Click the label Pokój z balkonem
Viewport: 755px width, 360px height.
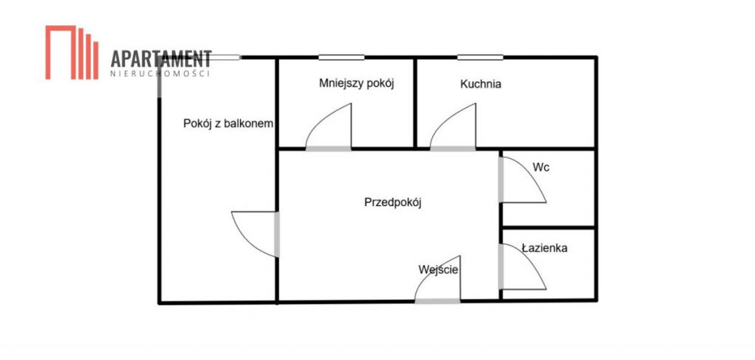point(228,124)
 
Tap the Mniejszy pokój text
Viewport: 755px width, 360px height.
point(357,83)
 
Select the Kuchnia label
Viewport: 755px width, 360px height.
point(481,84)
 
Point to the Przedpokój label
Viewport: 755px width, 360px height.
point(393,202)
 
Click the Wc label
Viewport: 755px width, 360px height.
point(541,167)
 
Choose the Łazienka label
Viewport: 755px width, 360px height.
point(544,248)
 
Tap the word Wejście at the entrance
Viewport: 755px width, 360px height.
point(438,270)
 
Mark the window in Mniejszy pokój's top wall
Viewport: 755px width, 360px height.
point(342,58)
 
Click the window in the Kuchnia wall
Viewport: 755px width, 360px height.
point(480,58)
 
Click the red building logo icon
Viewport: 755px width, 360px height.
point(72,53)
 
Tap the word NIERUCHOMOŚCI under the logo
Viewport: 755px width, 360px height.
point(160,74)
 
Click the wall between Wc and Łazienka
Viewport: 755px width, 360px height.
point(549,228)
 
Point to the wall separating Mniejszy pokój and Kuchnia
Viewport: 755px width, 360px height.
point(415,103)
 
